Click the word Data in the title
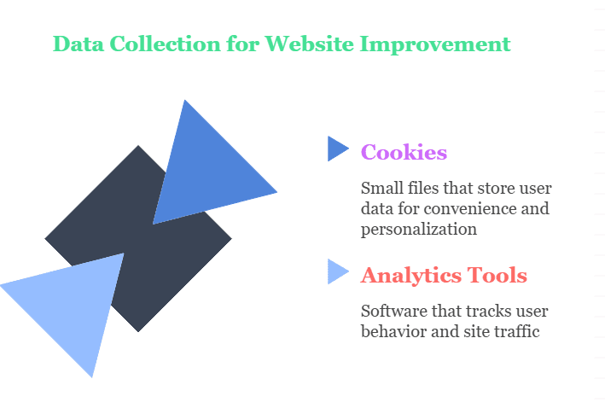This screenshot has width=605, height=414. (79, 44)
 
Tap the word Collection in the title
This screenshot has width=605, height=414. (166, 44)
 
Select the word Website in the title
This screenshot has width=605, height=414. (309, 44)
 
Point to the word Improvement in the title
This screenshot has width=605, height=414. (435, 44)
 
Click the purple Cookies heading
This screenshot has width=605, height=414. (404, 152)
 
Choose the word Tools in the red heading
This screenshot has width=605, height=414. (497, 275)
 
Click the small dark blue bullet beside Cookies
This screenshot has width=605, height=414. (338, 149)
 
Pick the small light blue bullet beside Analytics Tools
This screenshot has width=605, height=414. (338, 271)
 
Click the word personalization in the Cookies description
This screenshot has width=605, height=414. (419, 230)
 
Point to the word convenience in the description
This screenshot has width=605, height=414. (470, 209)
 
